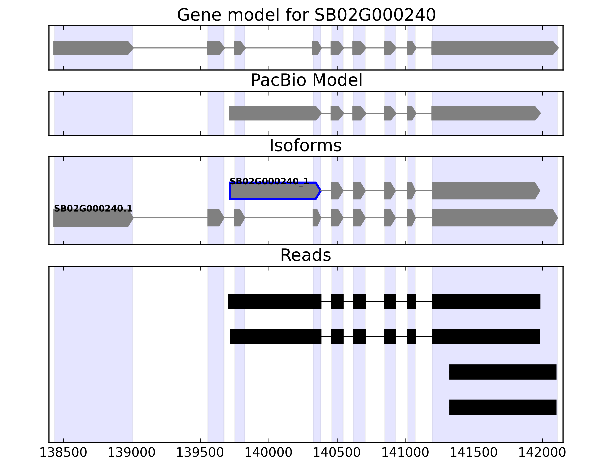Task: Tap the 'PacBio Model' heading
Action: [306, 80]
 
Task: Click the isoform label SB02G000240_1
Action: [269, 181]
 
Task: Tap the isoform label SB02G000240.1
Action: [93, 208]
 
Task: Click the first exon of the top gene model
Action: [93, 48]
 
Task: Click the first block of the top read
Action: [274, 301]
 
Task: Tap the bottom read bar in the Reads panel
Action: [502, 407]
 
